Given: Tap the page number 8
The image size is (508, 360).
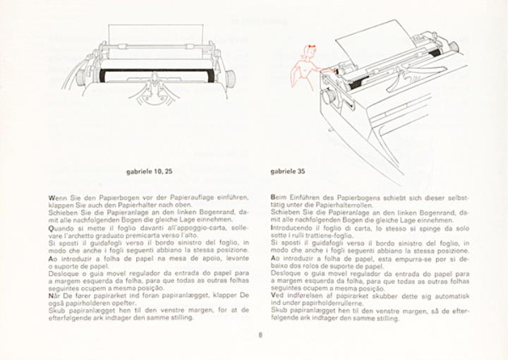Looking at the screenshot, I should pyautogui.click(x=260, y=335).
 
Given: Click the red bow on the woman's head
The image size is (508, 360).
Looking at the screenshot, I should pyautogui.click(x=305, y=47).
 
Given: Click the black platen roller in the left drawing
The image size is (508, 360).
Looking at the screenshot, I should pyautogui.click(x=155, y=73).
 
